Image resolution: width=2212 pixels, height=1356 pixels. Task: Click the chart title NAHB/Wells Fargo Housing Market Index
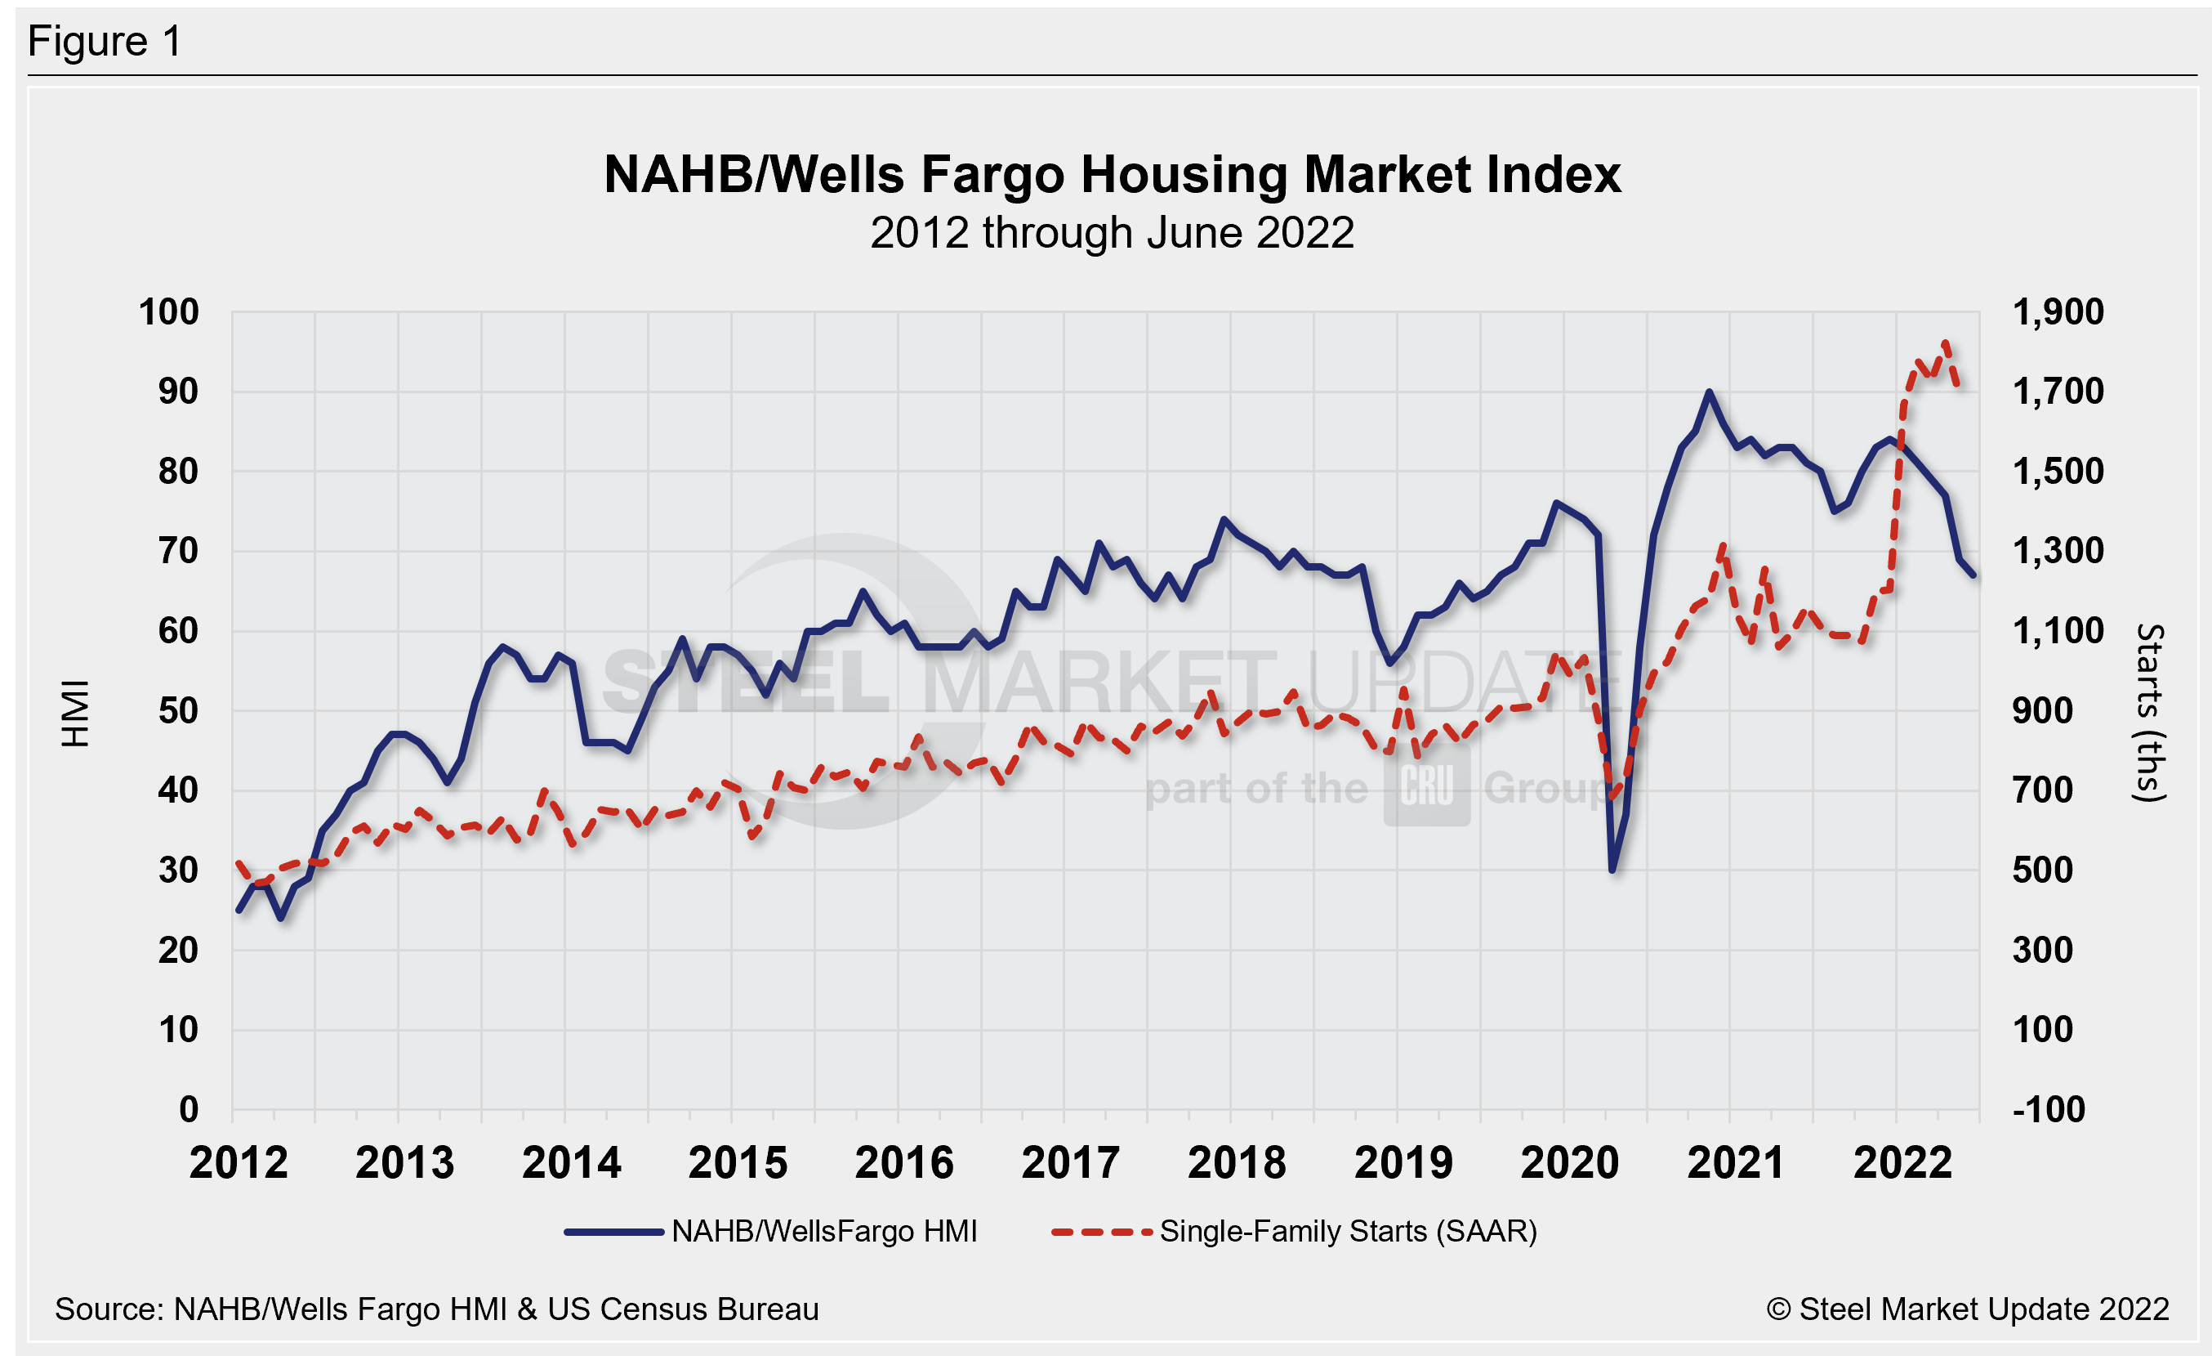pyautogui.click(x=1112, y=174)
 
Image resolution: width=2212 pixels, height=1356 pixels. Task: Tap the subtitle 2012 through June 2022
pyautogui.click(x=1112, y=234)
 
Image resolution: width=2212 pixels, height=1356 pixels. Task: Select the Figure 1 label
pyautogui.click(x=105, y=42)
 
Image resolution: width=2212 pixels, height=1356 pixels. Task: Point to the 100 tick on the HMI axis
pyautogui.click(x=169, y=312)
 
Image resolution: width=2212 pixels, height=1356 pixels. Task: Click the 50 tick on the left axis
pyautogui.click(x=178, y=711)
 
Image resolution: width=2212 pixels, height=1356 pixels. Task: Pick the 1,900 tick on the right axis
pyautogui.click(x=2058, y=312)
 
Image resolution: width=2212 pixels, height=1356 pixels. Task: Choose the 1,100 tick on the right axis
pyautogui.click(x=2058, y=631)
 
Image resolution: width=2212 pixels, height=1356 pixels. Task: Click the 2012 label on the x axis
pyautogui.click(x=239, y=1164)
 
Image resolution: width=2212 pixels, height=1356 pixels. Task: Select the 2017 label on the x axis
pyautogui.click(x=1070, y=1164)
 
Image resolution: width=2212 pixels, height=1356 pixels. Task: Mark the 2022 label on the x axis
pyautogui.click(x=1902, y=1164)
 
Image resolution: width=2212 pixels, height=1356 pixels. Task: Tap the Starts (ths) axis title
pyautogui.click(x=2149, y=713)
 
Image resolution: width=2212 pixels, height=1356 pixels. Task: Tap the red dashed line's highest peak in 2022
pyautogui.click(x=1946, y=342)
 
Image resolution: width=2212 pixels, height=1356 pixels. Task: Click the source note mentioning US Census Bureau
pyautogui.click(x=436, y=1309)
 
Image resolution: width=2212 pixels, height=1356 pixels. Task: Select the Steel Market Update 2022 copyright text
pyautogui.click(x=1968, y=1309)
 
